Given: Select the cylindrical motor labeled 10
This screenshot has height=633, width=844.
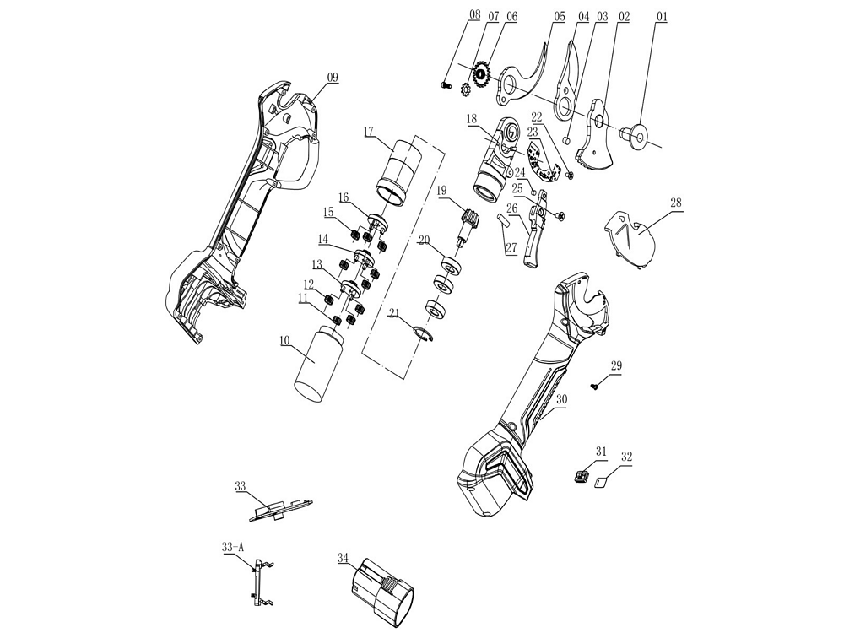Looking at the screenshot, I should tap(319, 363).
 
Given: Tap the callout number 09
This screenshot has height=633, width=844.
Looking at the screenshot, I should tap(333, 78).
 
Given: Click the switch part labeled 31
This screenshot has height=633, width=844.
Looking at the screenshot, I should tap(580, 477).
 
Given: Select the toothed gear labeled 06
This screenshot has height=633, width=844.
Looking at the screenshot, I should tap(482, 76).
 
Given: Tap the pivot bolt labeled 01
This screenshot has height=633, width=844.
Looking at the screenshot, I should tap(634, 133).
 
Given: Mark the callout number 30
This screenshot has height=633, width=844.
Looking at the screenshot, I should tap(561, 398).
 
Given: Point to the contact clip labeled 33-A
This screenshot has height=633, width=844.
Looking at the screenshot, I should tap(260, 582).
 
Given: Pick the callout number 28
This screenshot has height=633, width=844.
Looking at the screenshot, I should tap(676, 203).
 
